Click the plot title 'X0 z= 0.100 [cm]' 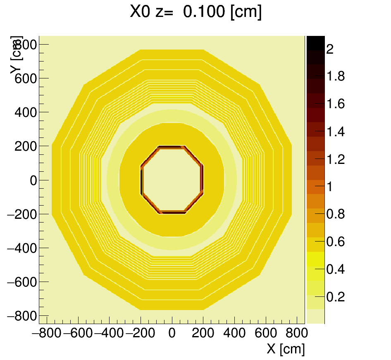195,12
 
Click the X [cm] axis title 286,349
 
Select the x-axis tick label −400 109,334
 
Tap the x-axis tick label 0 172,334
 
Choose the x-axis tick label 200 203,334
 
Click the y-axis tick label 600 26,78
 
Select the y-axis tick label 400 26,112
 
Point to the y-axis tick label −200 22,214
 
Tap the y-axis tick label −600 22,282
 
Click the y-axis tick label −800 22,316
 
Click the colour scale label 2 329,50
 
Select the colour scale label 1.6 335,104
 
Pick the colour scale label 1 329,187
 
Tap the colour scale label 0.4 335,270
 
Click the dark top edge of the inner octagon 172,147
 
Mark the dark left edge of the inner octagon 141,180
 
